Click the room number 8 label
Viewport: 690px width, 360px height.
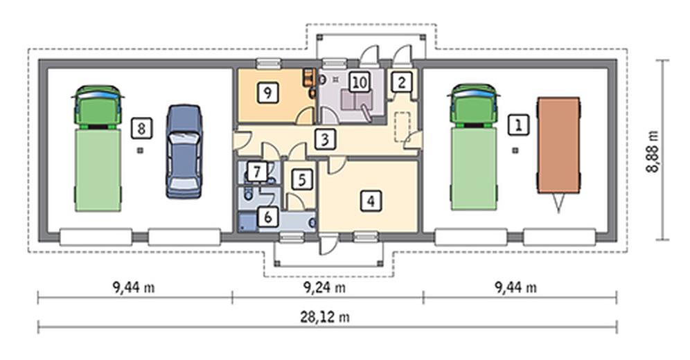point(141,128)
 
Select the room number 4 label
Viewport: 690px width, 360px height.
point(371,201)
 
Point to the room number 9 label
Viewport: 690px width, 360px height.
point(268,92)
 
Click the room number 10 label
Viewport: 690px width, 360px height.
point(360,82)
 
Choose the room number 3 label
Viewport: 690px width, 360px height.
point(324,139)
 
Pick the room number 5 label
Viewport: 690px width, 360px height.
point(302,179)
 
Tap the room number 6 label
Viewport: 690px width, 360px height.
point(268,217)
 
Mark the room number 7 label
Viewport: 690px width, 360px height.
point(257,172)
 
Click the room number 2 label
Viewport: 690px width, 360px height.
point(401,82)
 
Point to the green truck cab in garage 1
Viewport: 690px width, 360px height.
point(473,105)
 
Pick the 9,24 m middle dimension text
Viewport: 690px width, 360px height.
point(324,288)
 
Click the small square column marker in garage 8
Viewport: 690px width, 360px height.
point(140,150)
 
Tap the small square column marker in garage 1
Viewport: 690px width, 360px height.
point(515,150)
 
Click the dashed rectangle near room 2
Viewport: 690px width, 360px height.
point(402,127)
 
